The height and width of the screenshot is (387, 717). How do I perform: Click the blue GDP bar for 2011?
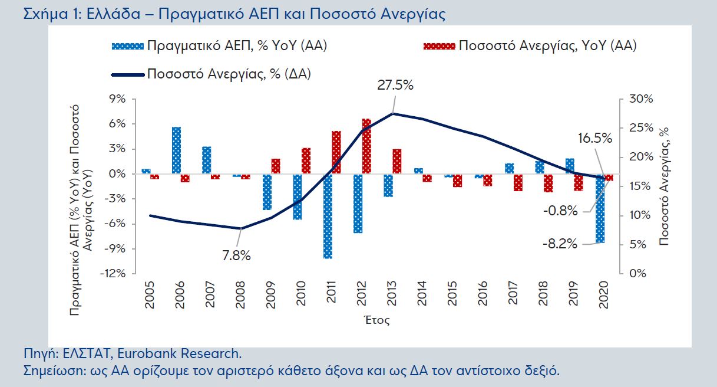tap(328, 216)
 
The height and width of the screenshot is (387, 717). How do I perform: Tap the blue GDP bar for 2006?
tap(176, 150)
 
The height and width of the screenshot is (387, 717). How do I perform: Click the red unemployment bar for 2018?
tap(549, 183)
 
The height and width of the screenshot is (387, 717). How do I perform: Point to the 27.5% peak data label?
tap(395, 85)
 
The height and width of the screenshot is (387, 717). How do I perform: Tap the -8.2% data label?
tap(560, 244)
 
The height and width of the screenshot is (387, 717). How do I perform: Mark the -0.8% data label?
tap(560, 210)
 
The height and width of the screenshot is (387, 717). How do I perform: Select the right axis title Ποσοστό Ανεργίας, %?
tap(665, 186)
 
